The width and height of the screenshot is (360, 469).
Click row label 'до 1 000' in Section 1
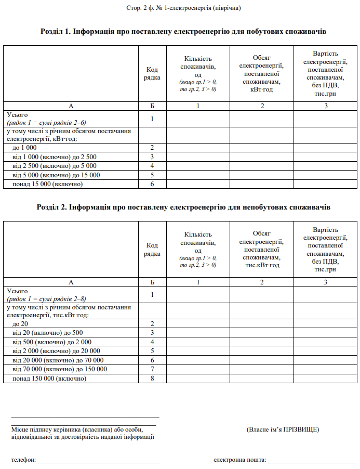pyautogui.click(x=24, y=148)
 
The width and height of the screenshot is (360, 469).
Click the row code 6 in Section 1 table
pyautogui.click(x=152, y=184)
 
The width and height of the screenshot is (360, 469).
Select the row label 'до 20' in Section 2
pyautogui.click(x=20, y=323)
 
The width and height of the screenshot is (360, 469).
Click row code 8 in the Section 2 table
pyautogui.click(x=152, y=379)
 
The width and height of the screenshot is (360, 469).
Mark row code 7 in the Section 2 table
pyautogui.click(x=152, y=369)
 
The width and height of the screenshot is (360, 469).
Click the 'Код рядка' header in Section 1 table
pyautogui.click(x=152, y=73)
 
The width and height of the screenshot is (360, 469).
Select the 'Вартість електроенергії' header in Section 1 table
pyautogui.click(x=326, y=73)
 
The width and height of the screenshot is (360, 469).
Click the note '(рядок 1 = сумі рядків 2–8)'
pyautogui.click(x=46, y=299)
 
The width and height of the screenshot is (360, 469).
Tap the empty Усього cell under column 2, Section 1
pyautogui.click(x=262, y=119)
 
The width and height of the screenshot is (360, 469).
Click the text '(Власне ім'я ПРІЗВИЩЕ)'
pyautogui.click(x=283, y=429)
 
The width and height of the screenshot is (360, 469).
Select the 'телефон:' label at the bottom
pyautogui.click(x=23, y=460)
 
